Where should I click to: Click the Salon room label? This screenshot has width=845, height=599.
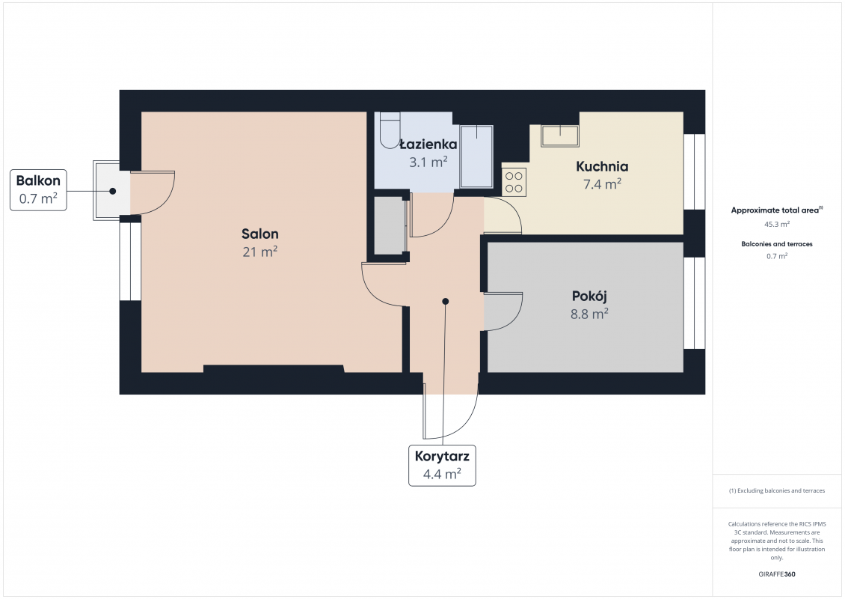coord(259,234)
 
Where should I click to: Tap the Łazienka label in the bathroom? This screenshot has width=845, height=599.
coord(428,144)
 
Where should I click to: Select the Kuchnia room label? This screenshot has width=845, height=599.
coord(602,166)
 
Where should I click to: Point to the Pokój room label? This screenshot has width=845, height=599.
coord(589,297)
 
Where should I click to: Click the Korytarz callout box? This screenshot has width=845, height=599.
coord(442,465)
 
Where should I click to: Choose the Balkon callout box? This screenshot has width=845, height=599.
coord(38,190)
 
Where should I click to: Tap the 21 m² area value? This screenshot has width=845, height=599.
coord(259,252)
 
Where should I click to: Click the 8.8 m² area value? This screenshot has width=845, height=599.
coord(589,314)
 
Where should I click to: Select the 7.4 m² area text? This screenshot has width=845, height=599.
coord(602,184)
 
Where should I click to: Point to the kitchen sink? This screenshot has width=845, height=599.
coord(560,136)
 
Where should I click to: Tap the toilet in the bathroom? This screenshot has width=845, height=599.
coord(390,130)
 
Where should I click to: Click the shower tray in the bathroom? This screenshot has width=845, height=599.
coord(476,156)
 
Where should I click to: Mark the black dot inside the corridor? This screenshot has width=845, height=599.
coord(445,302)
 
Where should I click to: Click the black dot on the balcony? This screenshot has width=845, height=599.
coord(113,191)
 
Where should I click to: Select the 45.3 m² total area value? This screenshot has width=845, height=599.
coord(776,224)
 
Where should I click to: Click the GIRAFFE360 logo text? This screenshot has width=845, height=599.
coord(776,574)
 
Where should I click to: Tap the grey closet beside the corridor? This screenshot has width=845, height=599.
coord(390,225)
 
